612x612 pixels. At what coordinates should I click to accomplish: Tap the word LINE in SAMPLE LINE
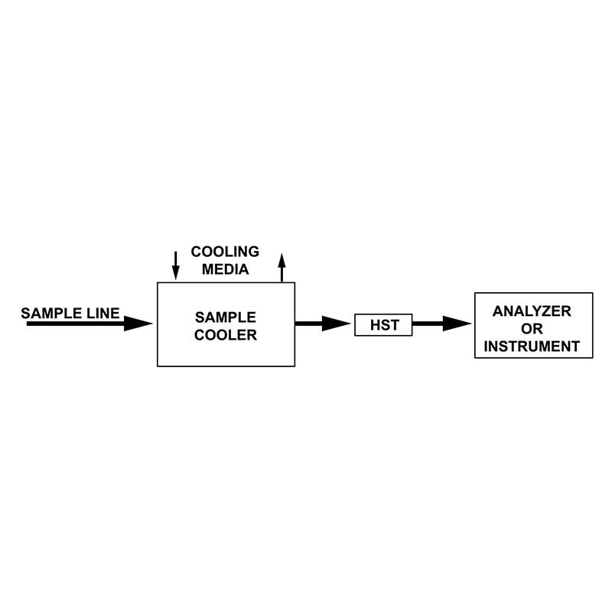click(103, 313)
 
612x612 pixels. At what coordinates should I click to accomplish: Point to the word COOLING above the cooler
click(225, 252)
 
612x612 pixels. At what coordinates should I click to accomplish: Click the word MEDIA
click(225, 269)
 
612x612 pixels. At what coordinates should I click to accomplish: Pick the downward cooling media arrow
click(176, 265)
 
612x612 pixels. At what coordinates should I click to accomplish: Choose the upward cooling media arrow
click(282, 267)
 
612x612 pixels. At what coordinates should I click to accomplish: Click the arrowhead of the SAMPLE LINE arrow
click(138, 323)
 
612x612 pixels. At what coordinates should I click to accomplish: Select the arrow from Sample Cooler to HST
click(323, 324)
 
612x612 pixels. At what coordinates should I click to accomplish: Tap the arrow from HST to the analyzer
click(442, 324)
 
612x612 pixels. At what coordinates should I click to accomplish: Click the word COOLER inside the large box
click(226, 335)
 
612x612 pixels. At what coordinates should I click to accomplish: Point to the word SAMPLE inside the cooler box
click(226, 317)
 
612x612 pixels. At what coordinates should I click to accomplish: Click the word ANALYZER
click(532, 311)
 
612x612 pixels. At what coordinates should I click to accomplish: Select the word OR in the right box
click(532, 329)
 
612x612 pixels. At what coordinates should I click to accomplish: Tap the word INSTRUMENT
click(532, 347)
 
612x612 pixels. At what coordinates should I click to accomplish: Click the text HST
click(385, 324)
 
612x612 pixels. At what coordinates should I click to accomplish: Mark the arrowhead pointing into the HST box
click(336, 324)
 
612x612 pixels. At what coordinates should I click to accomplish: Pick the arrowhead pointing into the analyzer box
click(457, 324)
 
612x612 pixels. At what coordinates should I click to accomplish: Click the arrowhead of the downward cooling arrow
click(176, 273)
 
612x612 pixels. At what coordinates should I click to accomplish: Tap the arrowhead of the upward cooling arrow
click(282, 260)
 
